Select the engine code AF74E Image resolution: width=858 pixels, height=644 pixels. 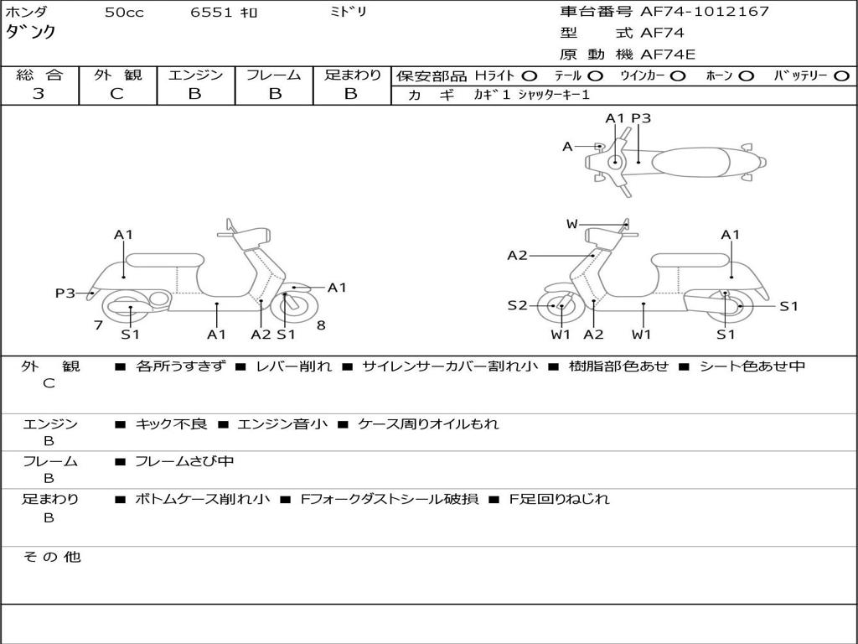coord(668,55)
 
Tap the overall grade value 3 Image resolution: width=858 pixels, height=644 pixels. coord(39,94)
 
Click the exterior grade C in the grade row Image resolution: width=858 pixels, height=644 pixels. coord(117,94)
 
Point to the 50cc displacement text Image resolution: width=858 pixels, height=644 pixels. coord(124,13)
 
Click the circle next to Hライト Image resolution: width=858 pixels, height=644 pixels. coord(530,75)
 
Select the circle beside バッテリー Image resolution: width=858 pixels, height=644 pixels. coord(841,75)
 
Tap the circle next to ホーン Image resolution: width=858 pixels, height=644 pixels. coord(747,75)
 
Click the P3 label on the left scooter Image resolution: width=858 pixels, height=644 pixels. coord(65,293)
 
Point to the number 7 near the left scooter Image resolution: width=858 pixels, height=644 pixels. coord(99,325)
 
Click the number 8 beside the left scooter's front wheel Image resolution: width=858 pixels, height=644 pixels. coord(321,325)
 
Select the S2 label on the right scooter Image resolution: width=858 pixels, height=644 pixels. coord(517,305)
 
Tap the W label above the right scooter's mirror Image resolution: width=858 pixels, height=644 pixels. coord(571,224)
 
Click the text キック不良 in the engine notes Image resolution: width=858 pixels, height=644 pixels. coord(171,423)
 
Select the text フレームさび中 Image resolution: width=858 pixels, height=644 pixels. coord(184,461)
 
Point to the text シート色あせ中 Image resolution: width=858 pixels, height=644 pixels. coord(752,366)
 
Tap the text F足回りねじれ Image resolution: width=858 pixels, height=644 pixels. coord(559,499)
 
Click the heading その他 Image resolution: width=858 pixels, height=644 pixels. coord(52,557)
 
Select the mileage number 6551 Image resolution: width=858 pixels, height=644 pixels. coord(212,13)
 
